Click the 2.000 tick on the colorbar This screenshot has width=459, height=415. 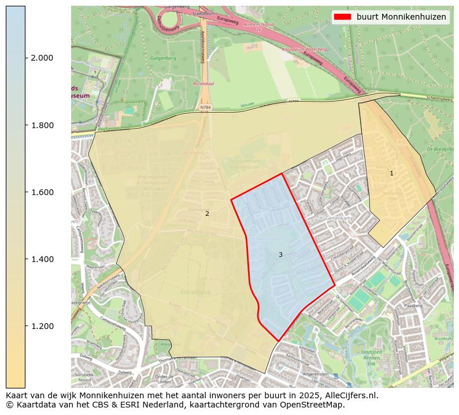pos(43,58)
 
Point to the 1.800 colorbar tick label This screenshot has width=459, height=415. pos(43,125)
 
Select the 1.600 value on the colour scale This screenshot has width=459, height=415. pos(43,192)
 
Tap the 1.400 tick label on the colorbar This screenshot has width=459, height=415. pos(43,259)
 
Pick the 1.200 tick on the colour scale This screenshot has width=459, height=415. pos(43,326)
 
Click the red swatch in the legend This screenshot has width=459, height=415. pos(343,17)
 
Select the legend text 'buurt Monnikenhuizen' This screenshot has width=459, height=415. pos(401,17)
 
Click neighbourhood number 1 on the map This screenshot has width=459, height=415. pos(391,173)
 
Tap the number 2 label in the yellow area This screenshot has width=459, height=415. pos(207,214)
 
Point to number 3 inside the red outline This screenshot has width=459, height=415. pos(280,255)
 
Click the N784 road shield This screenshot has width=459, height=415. pos(205,107)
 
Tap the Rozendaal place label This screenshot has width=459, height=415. pos(203,84)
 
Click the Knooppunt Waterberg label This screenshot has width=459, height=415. pos(304,50)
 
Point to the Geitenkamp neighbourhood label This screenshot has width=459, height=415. pos(340,219)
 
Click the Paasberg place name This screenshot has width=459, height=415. pos(414,305)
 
